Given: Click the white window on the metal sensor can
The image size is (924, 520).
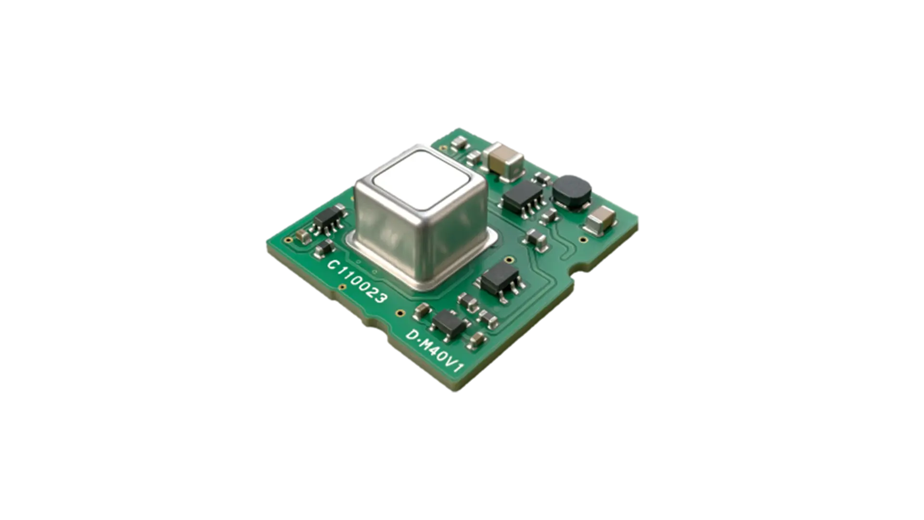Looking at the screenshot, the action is click(x=422, y=179).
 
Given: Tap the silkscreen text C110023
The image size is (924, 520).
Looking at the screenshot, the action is click(x=357, y=282).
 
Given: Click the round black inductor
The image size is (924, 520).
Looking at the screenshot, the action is click(x=572, y=192).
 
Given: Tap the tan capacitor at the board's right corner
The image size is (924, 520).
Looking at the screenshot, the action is click(x=600, y=221).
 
